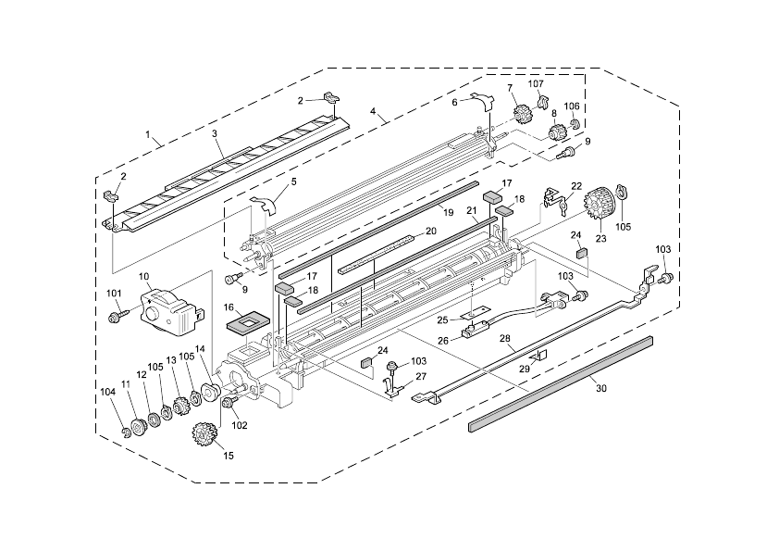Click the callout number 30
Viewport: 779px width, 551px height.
tap(600, 389)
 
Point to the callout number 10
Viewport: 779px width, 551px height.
tap(144, 277)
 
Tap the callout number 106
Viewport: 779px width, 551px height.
tap(572, 106)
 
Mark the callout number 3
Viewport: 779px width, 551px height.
tap(215, 134)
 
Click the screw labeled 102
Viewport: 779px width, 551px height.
tap(228, 402)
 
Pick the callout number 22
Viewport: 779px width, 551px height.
tap(576, 186)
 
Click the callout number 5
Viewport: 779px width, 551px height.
tap(293, 182)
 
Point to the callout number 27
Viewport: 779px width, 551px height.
tap(422, 377)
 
